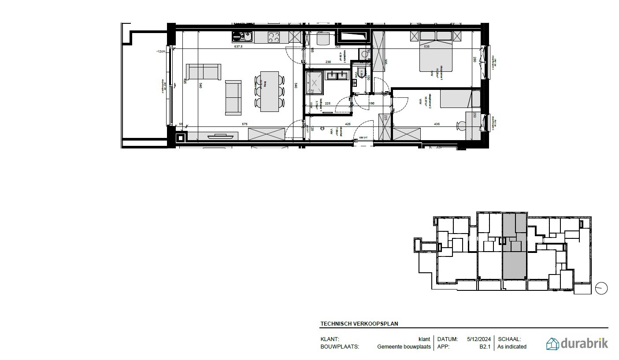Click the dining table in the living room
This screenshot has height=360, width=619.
(269, 92)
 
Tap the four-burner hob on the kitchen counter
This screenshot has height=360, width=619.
(274, 37)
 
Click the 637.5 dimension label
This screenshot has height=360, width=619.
(239, 47)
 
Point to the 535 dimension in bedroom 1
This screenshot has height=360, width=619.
(426, 47)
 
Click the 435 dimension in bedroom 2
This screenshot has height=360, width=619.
(437, 124)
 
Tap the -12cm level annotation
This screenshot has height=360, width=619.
(160, 52)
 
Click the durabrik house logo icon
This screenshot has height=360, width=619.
(552, 344)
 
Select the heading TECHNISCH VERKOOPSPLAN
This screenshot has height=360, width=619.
(359, 323)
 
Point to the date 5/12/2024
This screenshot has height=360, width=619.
(479, 339)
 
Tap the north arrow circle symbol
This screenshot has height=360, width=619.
(601, 289)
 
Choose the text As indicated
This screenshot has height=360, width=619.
(512, 347)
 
